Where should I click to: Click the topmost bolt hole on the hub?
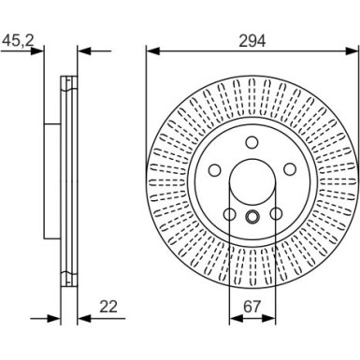[x=252, y=144]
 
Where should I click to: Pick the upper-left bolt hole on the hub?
[x=215, y=171]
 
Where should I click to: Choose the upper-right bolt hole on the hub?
[x=290, y=171]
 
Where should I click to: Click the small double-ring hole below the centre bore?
[x=252, y=218]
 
